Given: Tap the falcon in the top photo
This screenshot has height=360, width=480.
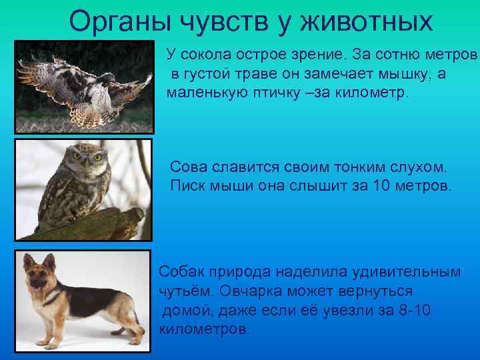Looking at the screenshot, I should (x=87, y=83).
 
